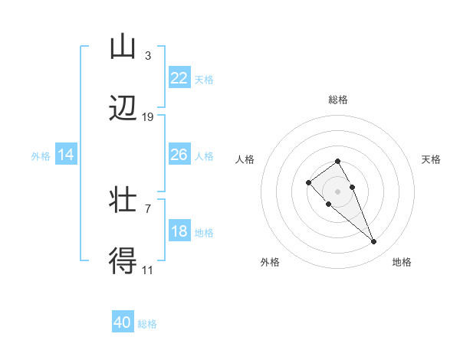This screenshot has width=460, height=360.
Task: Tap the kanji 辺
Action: click(123, 109)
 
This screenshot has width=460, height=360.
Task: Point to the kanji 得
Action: click(123, 261)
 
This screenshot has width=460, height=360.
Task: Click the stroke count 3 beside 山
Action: click(147, 55)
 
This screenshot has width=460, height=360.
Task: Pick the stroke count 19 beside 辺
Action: click(148, 116)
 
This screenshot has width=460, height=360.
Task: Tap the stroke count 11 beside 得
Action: click(148, 269)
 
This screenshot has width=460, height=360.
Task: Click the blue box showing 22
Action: click(179, 78)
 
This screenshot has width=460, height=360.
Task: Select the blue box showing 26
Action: click(179, 155)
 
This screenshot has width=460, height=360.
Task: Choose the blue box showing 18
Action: click(179, 231)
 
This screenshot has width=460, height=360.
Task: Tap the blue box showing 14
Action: click(66, 155)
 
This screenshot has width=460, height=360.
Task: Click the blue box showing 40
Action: click(123, 322)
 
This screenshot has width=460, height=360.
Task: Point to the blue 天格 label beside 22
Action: click(204, 79)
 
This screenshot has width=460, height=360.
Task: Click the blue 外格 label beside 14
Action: click(41, 155)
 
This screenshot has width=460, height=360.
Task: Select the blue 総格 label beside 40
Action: click(147, 323)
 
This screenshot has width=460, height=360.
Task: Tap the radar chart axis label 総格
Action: click(338, 100)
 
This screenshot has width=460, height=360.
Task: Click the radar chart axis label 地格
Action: click(402, 262)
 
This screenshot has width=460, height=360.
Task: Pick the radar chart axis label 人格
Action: click(245, 159)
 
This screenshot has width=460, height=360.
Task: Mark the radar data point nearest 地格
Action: click(374, 242)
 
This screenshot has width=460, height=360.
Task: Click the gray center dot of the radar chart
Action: click(338, 191)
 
